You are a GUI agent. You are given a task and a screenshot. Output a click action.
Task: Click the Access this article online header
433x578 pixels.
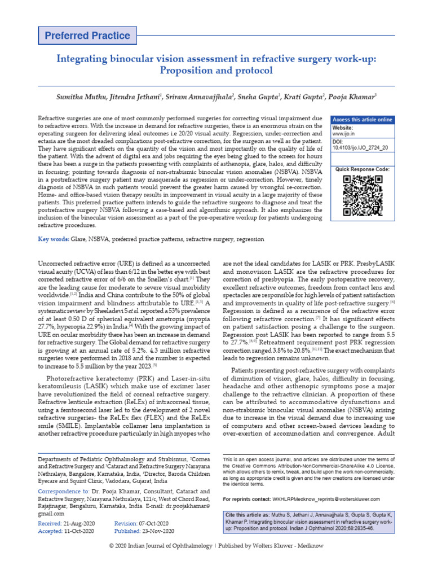tap(363, 120)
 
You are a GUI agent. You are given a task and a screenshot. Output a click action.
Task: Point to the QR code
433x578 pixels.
tap(363, 196)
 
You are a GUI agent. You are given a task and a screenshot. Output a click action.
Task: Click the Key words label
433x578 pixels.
tap(54, 239)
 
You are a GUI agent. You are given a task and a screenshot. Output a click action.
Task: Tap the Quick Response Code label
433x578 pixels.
tap(363, 169)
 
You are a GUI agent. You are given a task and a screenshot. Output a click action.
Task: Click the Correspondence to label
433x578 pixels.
tap(63, 492)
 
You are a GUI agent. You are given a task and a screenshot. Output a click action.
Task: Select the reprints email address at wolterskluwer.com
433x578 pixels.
tap(326, 500)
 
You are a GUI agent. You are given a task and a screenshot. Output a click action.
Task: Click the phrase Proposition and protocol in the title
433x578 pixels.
tap(216, 71)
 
